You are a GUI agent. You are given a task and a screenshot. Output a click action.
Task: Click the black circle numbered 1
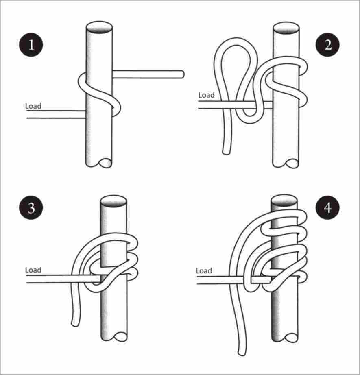(31, 45)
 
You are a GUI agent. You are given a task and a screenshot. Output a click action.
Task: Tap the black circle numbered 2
(328, 45)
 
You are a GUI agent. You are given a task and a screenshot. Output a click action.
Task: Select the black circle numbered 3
(31, 207)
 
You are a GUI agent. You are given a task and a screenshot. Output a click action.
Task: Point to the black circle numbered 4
(328, 207)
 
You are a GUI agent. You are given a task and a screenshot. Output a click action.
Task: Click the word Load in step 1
(33, 106)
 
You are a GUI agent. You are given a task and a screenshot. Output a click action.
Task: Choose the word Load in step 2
(206, 95)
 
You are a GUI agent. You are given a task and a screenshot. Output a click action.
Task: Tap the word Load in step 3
(33, 270)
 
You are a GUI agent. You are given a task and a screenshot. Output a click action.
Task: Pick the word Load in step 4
(204, 271)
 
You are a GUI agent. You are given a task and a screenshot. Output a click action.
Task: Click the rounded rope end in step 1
(182, 74)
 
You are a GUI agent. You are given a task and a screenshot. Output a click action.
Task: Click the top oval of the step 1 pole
(99, 27)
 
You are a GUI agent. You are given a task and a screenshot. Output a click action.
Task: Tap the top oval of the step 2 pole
(286, 28)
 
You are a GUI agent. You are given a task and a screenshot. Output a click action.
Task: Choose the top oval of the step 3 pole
(113, 201)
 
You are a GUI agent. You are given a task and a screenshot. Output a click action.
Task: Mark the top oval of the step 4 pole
(284, 201)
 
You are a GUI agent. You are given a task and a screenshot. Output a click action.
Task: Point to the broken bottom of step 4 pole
(285, 337)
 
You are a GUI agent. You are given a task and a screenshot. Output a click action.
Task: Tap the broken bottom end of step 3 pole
(114, 336)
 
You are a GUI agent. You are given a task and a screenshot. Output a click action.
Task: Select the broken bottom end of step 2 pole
(286, 164)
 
